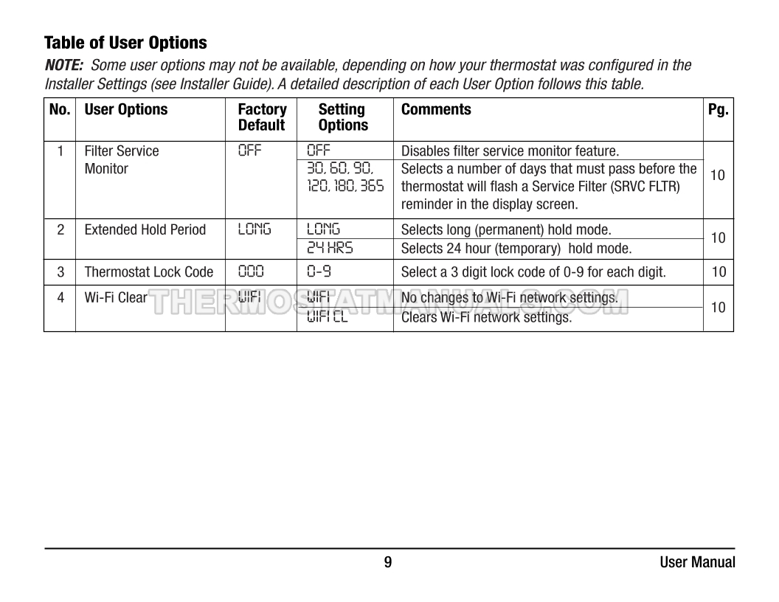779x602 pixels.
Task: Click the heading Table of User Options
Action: coord(125,42)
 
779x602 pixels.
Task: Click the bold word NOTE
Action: coord(63,65)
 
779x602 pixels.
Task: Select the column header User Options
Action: coord(126,110)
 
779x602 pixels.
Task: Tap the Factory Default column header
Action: coord(262,117)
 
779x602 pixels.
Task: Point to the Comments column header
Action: coord(436,110)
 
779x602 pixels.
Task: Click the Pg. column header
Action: coord(718,110)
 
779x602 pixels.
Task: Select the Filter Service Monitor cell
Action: coord(121,160)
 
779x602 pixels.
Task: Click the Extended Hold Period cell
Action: coord(145,230)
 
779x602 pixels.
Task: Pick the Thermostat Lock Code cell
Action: coord(149,272)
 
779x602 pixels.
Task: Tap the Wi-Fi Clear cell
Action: coord(116,298)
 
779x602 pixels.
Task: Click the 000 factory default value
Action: coord(251,272)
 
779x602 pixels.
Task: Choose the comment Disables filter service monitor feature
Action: coord(510,151)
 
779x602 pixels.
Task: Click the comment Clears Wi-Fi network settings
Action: coord(486,319)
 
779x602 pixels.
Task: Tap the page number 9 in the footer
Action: coord(388,563)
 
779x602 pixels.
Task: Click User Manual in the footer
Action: coord(697,563)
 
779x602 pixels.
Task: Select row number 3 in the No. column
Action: coord(60,272)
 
